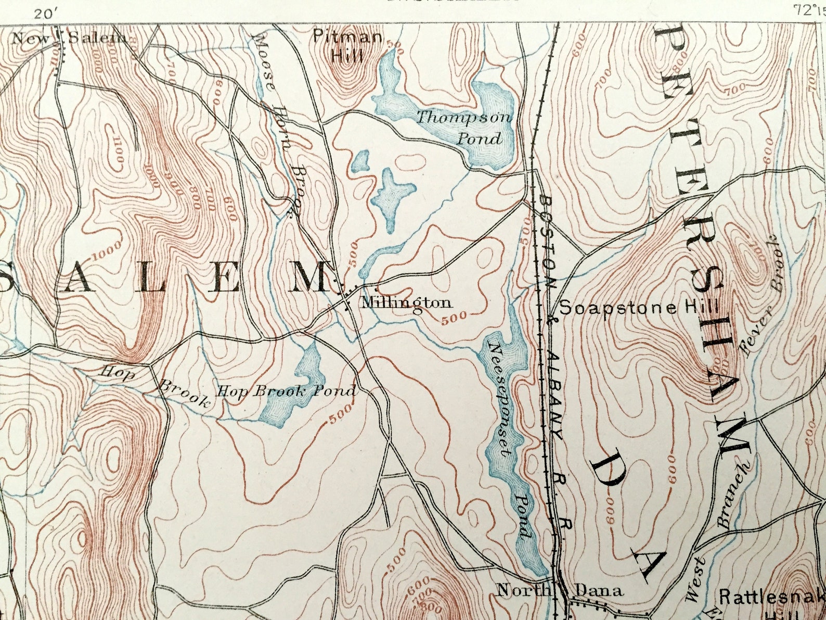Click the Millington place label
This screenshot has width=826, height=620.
[406, 302]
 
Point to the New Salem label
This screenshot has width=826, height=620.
[69, 37]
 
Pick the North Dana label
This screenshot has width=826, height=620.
[560, 590]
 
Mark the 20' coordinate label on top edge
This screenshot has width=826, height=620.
[45, 14]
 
